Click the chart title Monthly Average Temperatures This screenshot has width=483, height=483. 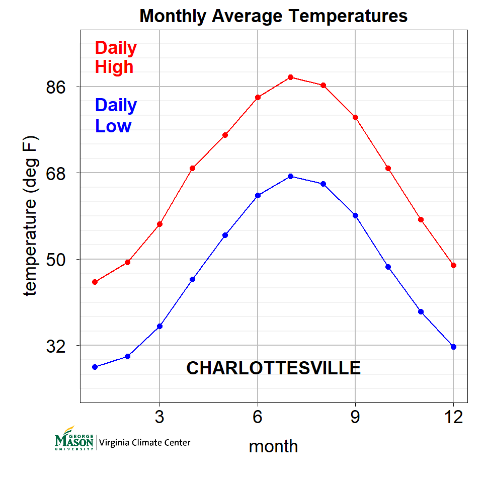tap(273, 16)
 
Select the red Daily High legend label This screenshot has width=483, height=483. tap(116, 57)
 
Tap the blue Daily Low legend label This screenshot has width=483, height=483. tap(116, 115)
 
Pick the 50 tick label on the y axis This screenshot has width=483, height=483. tap(57, 260)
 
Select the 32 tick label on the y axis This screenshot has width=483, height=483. tap(57, 346)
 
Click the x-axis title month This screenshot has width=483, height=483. tap(273, 446)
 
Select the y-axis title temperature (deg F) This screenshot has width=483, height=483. tap(31, 215)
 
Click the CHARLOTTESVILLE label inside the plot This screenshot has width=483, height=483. tap(273, 368)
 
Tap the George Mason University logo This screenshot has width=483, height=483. tap(74, 439)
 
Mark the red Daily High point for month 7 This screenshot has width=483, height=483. tap(290, 77)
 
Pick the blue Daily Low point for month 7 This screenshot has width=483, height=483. tap(290, 176)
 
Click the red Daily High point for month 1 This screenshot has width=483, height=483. tap(95, 282)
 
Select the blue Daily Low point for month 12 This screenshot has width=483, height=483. tap(453, 347)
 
